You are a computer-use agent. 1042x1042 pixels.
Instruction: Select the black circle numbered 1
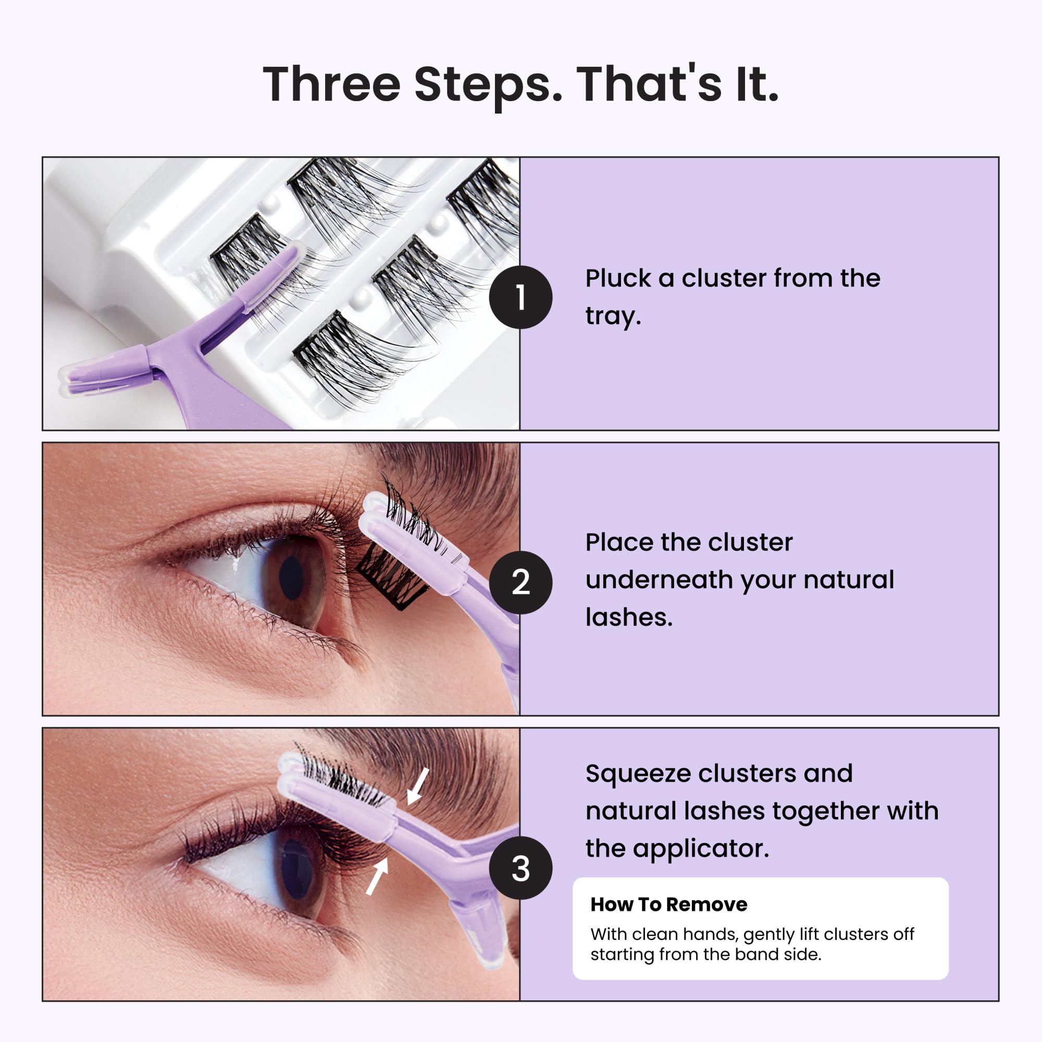click(520, 297)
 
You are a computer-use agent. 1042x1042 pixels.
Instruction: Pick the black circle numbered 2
click(520, 582)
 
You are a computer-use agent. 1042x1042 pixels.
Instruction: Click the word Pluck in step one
click(618, 279)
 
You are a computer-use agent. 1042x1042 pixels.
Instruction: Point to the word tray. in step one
click(613, 317)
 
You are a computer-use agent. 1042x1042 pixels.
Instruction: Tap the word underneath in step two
click(659, 580)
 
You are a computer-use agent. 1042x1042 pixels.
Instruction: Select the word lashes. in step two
click(629, 617)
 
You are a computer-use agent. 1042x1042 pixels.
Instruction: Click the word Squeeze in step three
click(638, 774)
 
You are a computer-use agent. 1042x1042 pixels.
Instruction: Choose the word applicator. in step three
click(701, 849)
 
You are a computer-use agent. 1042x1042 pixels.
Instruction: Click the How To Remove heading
click(669, 904)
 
